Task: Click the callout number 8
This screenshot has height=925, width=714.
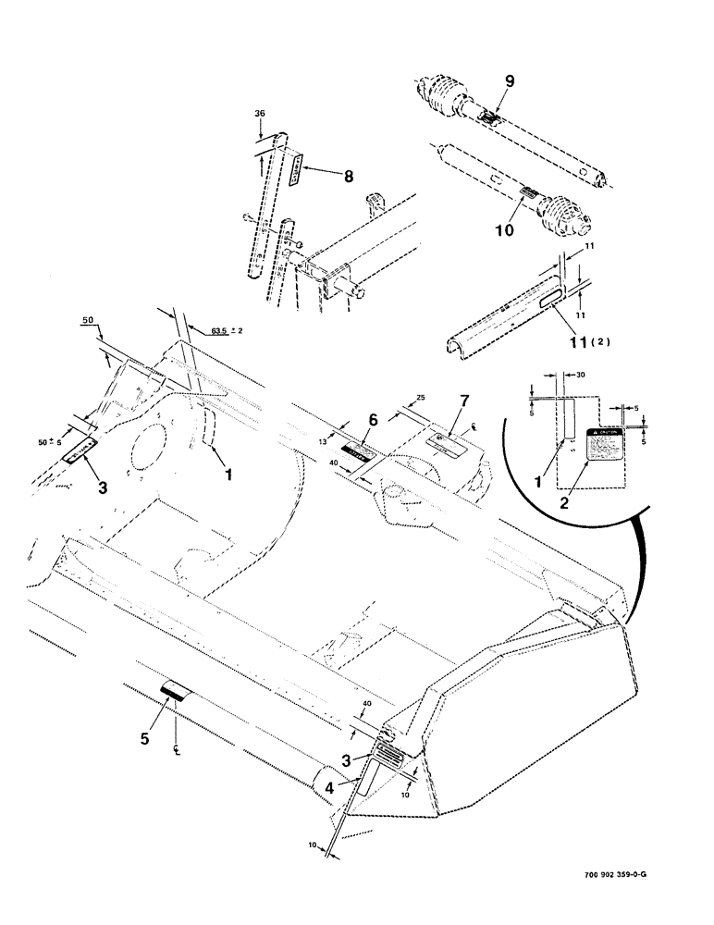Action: click(x=348, y=176)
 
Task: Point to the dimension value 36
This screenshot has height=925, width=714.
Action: click(x=259, y=115)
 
